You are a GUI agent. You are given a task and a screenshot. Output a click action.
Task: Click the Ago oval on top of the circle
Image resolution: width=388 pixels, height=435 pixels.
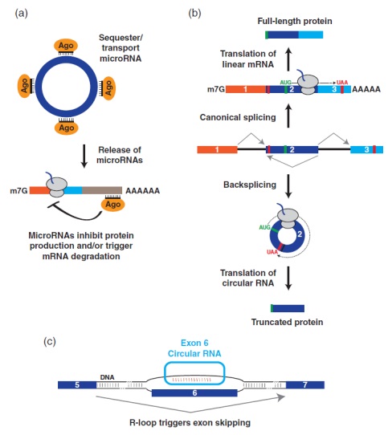(66, 46)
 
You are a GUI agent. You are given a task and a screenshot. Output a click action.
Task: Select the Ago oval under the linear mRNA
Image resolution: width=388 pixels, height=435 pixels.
(112, 205)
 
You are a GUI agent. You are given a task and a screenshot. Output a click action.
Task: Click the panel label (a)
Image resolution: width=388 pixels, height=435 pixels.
(22, 13)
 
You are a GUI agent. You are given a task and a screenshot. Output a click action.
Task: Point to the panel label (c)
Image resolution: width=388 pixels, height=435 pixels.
(50, 341)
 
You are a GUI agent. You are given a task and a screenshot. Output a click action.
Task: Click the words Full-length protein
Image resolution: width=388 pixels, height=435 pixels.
(295, 21)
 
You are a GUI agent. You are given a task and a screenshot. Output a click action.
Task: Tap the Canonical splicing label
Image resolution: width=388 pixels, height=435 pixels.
(238, 117)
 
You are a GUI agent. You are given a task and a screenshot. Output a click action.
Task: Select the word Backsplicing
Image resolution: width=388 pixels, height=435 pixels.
(250, 185)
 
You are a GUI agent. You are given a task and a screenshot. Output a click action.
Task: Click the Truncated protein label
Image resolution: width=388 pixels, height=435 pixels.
(287, 322)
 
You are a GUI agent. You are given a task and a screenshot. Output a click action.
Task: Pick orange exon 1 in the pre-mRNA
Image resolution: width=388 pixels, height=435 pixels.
(217, 150)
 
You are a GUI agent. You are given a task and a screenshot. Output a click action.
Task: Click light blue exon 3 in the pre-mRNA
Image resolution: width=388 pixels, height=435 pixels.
(366, 149)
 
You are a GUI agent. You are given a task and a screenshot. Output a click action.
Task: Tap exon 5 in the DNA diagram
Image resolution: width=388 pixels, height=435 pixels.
(77, 385)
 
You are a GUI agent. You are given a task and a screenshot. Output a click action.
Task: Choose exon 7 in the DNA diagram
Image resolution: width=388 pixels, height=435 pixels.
(305, 385)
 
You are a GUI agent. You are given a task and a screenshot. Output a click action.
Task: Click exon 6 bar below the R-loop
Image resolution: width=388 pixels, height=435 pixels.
(194, 392)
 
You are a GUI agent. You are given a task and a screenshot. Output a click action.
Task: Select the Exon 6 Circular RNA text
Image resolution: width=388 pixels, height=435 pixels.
(194, 348)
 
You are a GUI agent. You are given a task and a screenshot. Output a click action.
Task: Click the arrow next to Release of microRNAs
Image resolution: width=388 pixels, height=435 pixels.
(84, 157)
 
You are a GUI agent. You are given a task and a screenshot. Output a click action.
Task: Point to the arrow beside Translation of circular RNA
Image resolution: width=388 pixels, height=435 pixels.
(288, 278)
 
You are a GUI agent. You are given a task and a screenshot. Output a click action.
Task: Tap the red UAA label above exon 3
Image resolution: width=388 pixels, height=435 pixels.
(342, 83)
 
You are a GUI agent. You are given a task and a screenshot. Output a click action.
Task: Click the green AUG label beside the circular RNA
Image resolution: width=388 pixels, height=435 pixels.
(264, 227)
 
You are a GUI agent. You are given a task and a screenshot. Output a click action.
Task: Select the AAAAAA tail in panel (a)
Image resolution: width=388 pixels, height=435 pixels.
(143, 191)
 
